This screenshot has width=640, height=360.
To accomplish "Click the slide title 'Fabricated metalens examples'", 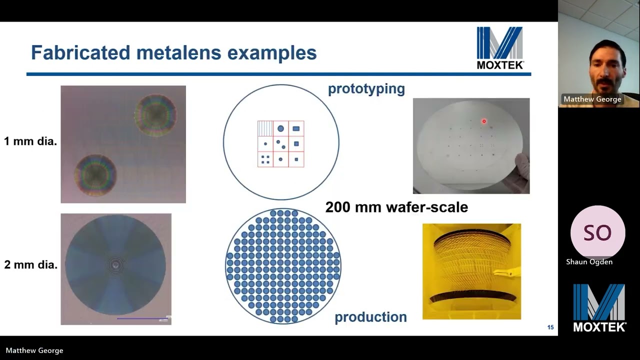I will (173, 52).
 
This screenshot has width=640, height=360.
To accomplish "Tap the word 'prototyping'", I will (366, 89).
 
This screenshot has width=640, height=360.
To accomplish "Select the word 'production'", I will (370, 317).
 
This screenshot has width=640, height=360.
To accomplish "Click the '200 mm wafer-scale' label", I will (396, 207).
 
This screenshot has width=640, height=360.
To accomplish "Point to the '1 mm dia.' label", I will (30, 141).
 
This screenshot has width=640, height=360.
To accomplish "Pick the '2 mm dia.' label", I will (30, 265).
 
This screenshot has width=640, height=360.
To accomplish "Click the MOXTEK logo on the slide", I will (499, 47).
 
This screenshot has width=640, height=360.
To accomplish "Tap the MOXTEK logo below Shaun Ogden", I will (599, 307).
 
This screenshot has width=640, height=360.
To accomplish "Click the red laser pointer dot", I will (484, 121).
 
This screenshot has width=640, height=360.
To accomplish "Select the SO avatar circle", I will (597, 233).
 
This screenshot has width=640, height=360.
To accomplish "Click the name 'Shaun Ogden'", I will (589, 261).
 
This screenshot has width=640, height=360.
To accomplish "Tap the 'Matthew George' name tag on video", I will (592, 99).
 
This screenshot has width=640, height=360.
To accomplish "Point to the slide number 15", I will (550, 327).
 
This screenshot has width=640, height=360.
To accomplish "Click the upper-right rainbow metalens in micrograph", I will (155, 115).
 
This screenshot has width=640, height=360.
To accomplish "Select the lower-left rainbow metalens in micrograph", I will (95, 175).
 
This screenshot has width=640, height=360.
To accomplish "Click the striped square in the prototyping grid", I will (265, 128).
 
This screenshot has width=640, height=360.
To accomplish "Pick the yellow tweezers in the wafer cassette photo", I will (505, 272).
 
